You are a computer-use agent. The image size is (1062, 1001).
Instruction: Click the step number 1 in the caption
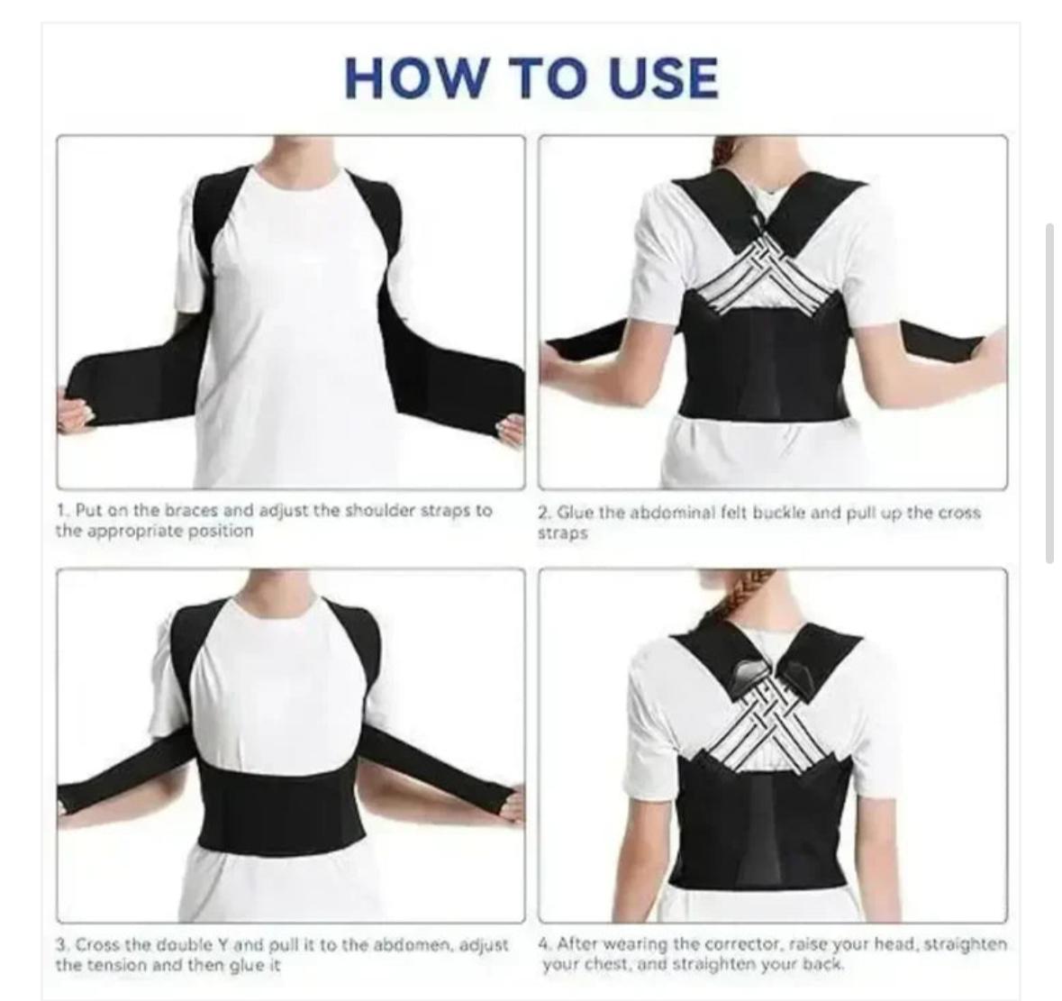(61, 511)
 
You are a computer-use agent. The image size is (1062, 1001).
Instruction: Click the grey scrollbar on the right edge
(1050, 393)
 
